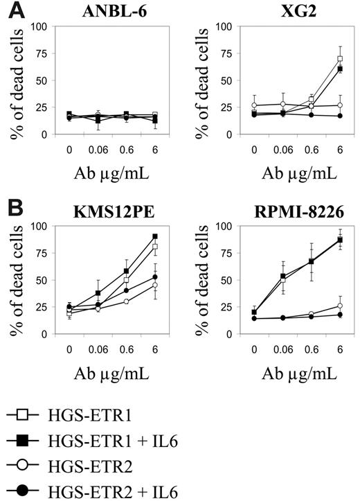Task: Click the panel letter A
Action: (10, 8)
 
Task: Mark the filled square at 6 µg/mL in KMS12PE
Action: (154, 236)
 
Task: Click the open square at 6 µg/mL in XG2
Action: (340, 59)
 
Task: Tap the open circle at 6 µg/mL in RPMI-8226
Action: (340, 306)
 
